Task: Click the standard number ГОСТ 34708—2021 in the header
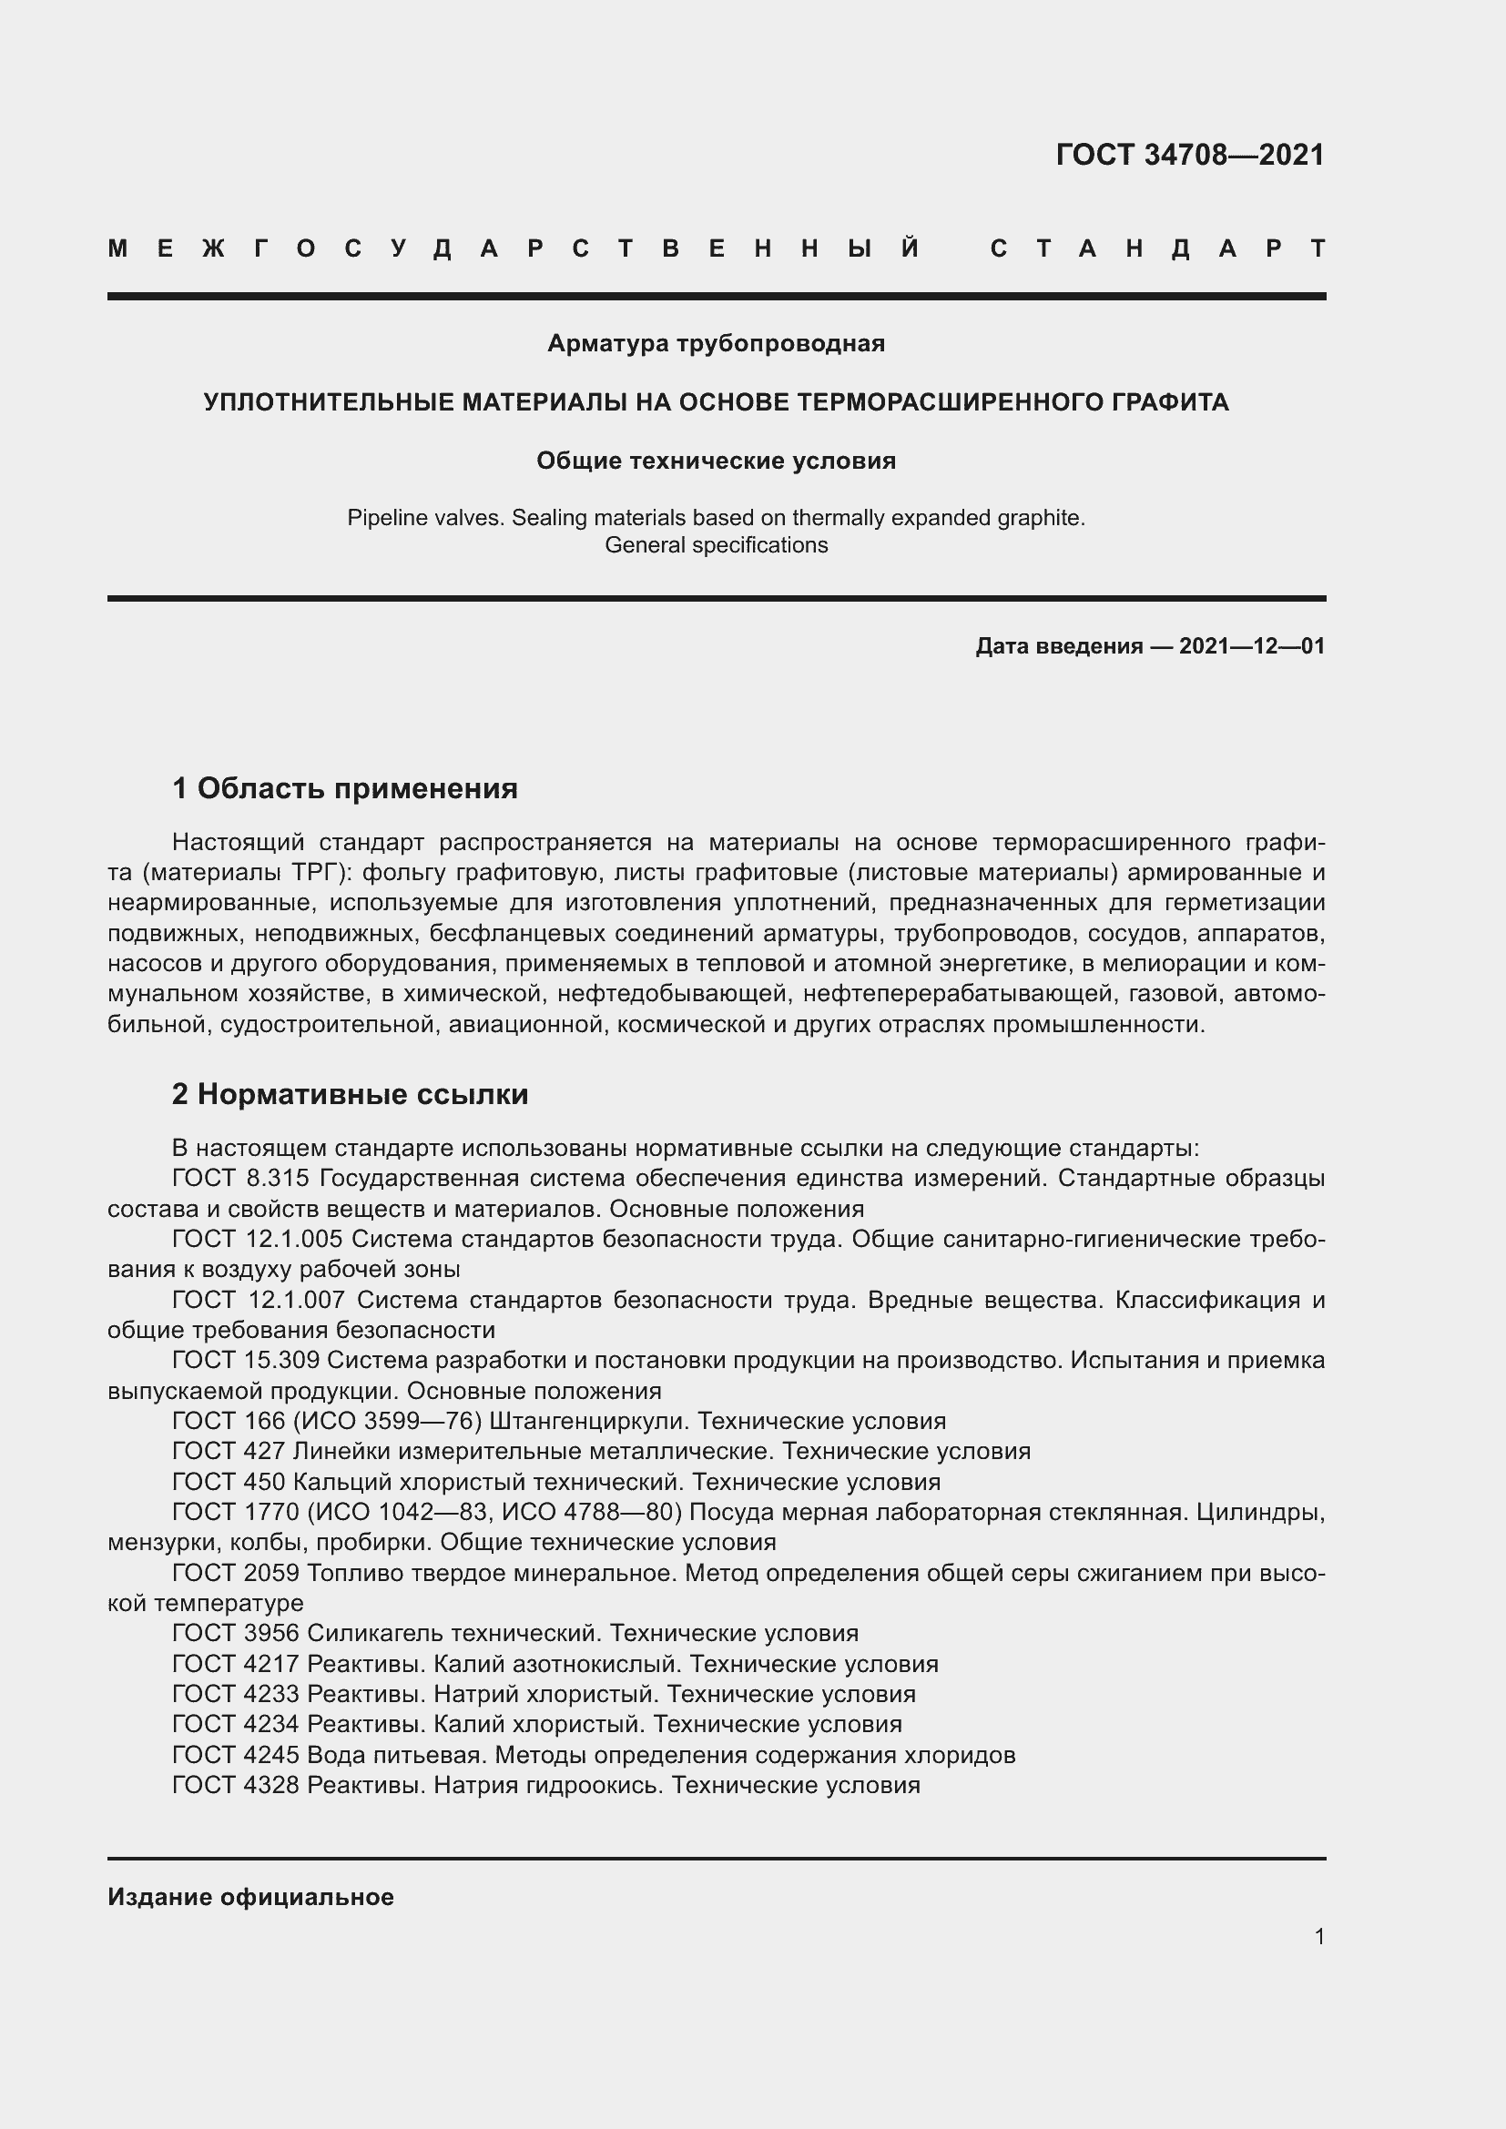[x=1190, y=155]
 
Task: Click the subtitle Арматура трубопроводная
[x=716, y=344]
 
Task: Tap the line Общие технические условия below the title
[x=716, y=461]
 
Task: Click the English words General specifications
[x=716, y=545]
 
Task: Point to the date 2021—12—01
[x=1252, y=646]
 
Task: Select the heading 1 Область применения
[x=345, y=789]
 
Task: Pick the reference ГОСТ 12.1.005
[x=257, y=1239]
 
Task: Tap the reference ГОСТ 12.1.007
[x=259, y=1300]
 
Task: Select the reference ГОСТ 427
[x=229, y=1451]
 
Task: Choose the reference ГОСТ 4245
[x=236, y=1754]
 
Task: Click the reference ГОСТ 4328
[x=236, y=1785]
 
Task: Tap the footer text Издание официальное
[x=250, y=1897]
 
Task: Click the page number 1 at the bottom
[x=1318, y=1936]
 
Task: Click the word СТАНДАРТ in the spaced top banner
[x=1157, y=248]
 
